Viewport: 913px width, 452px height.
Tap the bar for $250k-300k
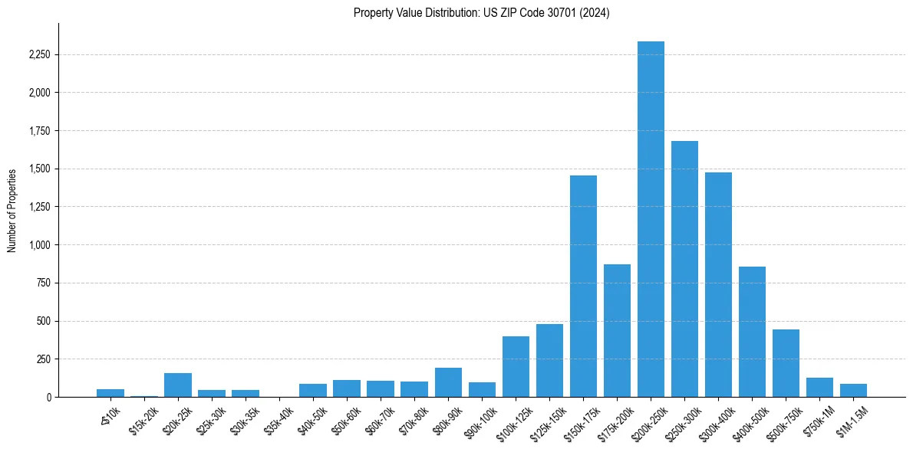tap(684, 269)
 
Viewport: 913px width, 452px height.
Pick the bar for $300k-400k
tap(718, 284)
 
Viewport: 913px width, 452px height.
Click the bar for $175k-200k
tap(617, 330)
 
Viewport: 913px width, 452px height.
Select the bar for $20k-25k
tap(178, 385)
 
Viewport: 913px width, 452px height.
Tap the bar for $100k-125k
tap(516, 366)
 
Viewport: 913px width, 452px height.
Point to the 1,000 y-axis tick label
tap(38, 245)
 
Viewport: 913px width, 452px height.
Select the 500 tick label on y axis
tap(43, 321)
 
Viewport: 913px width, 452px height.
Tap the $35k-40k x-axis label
tap(280, 419)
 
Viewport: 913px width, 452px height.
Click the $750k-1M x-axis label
tap(819, 419)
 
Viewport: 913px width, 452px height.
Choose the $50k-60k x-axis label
tap(348, 419)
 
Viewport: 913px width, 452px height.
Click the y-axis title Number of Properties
tap(12, 210)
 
